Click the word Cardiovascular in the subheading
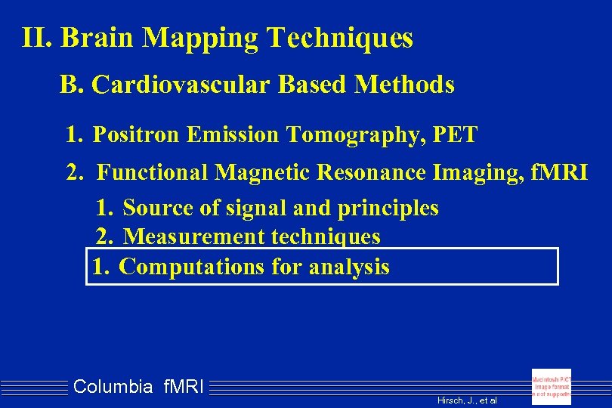coord(181,85)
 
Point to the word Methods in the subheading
coord(403,85)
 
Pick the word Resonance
coord(372,173)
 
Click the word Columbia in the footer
coord(113,388)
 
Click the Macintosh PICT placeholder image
coord(552,386)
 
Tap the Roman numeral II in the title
coord(36,38)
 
